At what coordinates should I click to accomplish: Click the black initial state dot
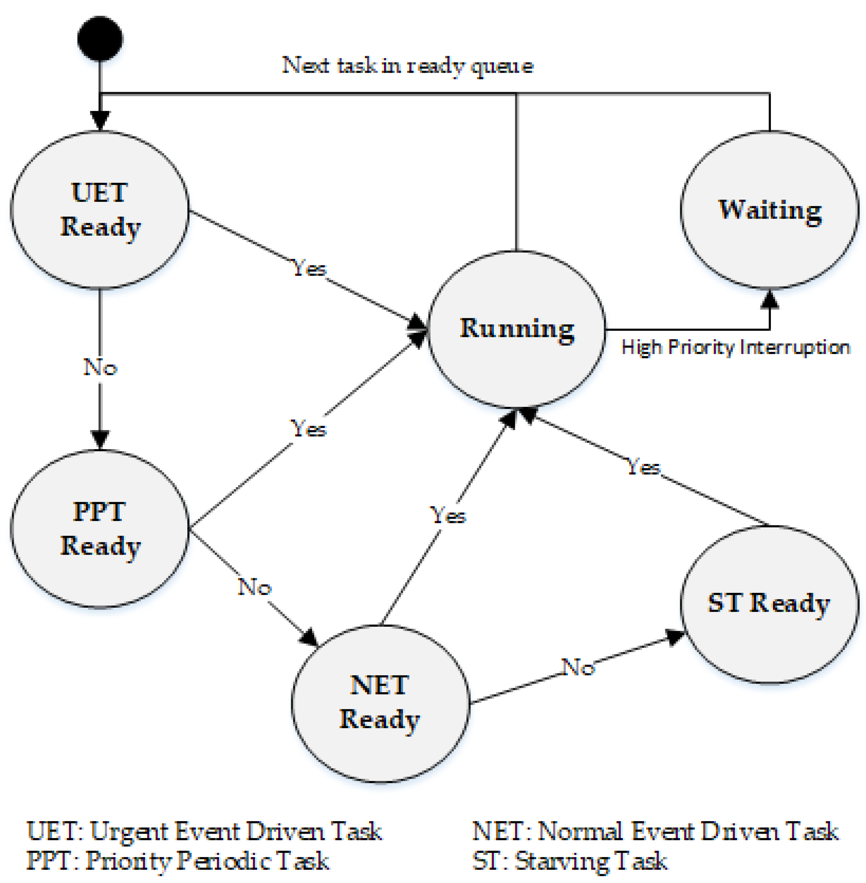(100, 39)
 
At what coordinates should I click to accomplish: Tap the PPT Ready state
(100, 528)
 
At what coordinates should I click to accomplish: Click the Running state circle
(517, 329)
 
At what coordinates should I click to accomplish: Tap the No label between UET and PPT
(100, 367)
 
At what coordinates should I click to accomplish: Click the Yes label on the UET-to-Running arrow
(309, 268)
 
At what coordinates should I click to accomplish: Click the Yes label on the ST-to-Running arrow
(643, 466)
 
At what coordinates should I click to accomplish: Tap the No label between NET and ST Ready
(578, 667)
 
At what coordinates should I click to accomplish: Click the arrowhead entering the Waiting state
(770, 300)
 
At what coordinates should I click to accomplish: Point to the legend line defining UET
(205, 831)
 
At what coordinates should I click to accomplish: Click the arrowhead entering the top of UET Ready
(100, 120)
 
